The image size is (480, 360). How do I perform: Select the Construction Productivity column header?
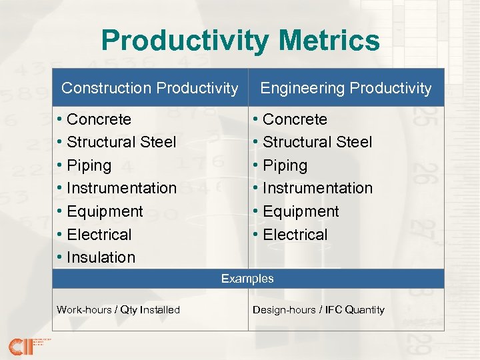click(149, 88)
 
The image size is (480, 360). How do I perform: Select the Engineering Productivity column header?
click(345, 88)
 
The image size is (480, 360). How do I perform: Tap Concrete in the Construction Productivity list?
click(99, 119)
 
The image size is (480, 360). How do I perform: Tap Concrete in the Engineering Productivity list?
click(295, 119)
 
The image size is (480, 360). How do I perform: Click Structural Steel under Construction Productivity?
click(121, 142)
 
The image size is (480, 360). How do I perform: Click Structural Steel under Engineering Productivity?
click(317, 142)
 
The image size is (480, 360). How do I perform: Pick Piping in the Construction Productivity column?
click(89, 165)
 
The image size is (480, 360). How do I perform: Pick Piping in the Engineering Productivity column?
click(285, 165)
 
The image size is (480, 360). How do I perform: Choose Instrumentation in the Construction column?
click(121, 188)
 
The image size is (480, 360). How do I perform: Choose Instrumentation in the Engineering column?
click(317, 188)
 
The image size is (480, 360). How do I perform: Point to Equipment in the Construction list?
click(105, 211)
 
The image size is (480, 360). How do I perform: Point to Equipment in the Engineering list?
click(301, 211)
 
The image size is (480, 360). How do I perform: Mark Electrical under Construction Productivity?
click(99, 235)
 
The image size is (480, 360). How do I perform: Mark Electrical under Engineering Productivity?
click(295, 235)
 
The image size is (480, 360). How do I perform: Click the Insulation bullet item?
click(101, 257)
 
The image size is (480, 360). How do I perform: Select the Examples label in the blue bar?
click(247, 279)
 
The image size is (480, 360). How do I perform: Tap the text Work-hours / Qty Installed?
click(118, 309)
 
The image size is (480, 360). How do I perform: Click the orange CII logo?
click(23, 345)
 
